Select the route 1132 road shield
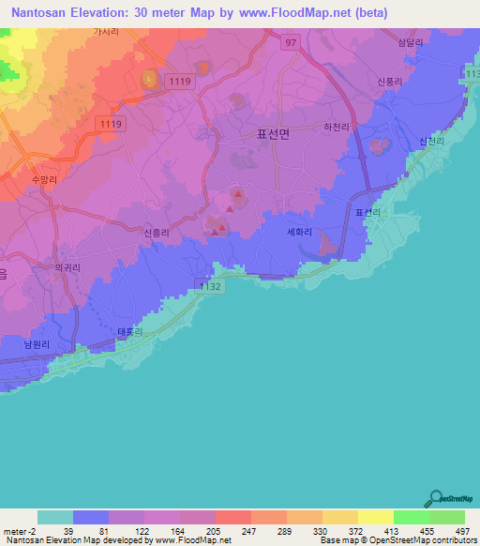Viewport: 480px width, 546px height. (x=211, y=286)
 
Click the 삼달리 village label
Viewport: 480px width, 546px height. (x=410, y=43)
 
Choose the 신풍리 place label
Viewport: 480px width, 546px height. (x=390, y=81)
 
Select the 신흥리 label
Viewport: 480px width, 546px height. (x=158, y=230)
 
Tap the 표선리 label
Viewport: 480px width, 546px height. (x=367, y=214)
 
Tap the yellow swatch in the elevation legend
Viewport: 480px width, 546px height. (x=375, y=517)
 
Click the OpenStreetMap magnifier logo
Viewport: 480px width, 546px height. (x=434, y=499)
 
